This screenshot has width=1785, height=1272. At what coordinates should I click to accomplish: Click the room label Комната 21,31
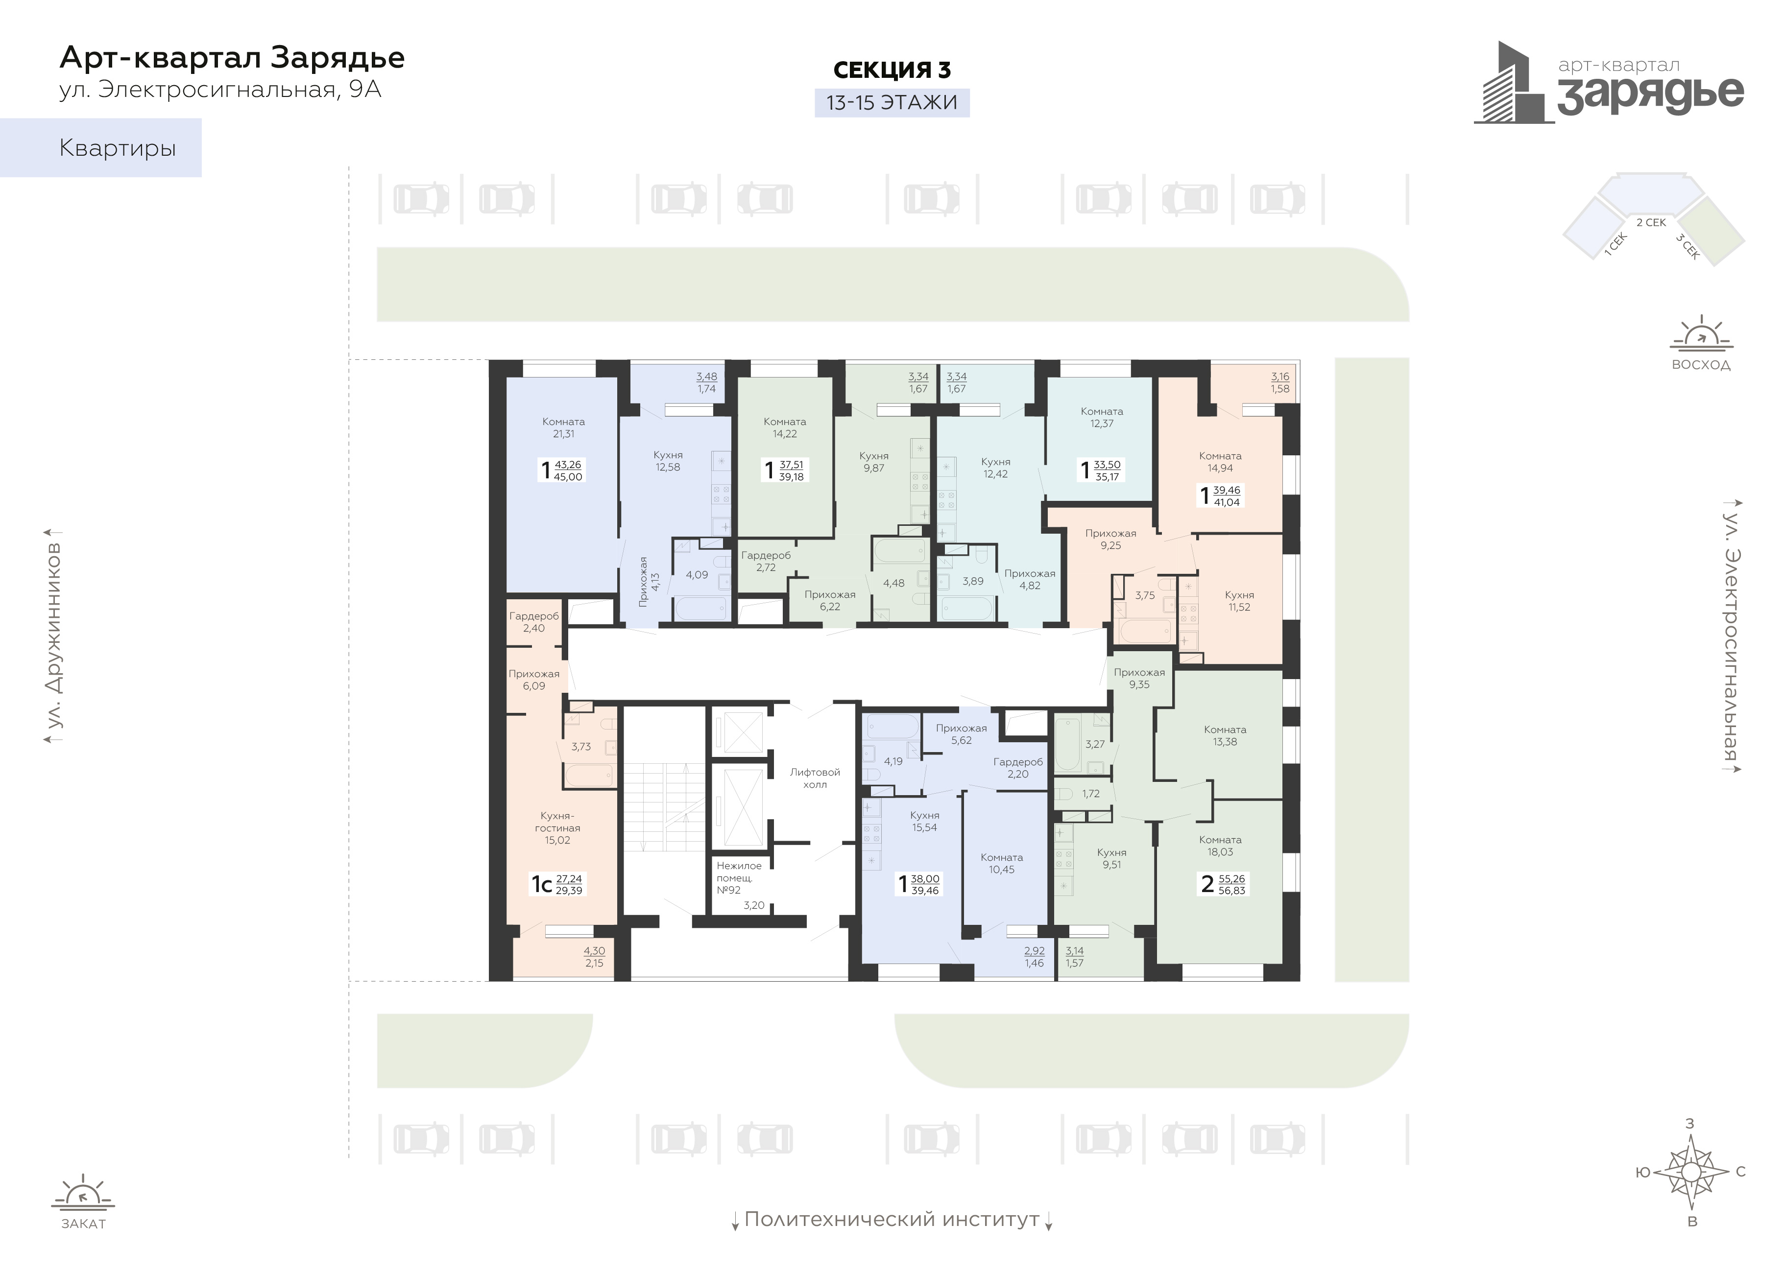(x=563, y=427)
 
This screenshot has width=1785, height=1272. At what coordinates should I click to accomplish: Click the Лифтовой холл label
(x=815, y=778)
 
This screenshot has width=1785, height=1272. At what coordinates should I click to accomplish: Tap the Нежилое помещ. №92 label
(x=739, y=877)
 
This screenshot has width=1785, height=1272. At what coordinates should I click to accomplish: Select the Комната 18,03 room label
(x=1220, y=846)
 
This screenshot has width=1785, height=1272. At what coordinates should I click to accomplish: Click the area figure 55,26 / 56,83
(x=1232, y=884)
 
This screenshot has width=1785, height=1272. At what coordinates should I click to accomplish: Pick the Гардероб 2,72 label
(x=766, y=561)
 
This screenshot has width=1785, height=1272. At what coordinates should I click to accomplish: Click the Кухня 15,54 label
(x=925, y=821)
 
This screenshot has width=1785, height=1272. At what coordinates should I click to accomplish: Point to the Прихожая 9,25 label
(x=1110, y=540)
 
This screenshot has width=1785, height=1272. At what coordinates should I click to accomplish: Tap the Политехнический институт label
(x=892, y=1220)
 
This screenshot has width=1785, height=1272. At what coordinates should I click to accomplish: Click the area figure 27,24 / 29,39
(x=569, y=884)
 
